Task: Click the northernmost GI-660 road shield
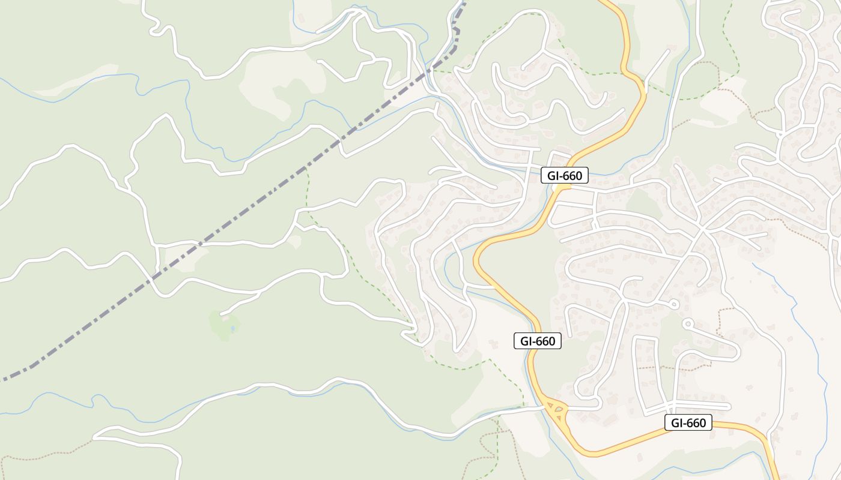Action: (564, 176)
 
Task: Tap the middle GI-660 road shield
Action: (538, 341)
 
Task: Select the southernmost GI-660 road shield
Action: (688, 422)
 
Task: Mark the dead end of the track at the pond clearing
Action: (221, 314)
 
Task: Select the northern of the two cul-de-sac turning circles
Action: (675, 305)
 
